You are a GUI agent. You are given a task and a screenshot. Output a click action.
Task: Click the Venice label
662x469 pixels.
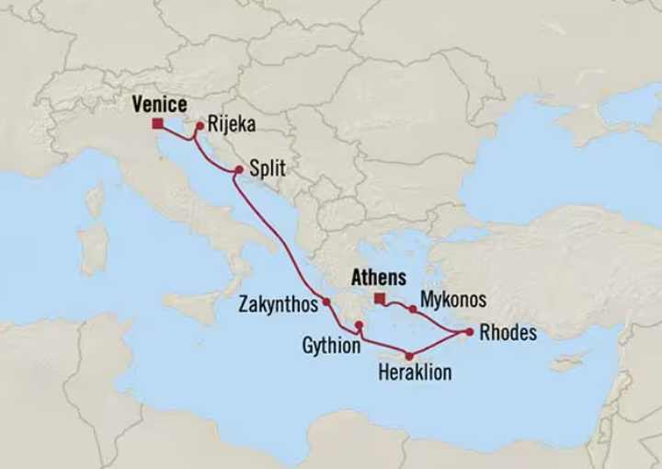pos(159,104)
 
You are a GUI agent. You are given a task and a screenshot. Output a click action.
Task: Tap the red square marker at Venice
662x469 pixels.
pos(158,123)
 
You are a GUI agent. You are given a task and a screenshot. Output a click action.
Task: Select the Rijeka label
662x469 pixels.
pos(232,125)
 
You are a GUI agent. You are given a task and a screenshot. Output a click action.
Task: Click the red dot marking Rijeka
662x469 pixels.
pos(200,126)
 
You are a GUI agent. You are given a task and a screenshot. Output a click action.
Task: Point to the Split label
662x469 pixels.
pos(268,169)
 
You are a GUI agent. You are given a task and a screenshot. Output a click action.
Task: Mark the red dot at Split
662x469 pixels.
pos(239,169)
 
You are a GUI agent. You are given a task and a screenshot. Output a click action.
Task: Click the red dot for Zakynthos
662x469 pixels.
pos(326,301)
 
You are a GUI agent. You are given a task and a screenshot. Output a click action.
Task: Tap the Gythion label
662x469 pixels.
pos(330,346)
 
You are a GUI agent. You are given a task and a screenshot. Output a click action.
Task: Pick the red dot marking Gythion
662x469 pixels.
pos(360,326)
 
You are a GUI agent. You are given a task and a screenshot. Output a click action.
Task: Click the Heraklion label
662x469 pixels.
pos(415,372)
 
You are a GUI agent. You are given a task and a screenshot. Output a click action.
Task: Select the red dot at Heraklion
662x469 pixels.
pos(410,356)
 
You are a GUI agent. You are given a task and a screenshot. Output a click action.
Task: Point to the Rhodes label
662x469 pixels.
pos(508,333)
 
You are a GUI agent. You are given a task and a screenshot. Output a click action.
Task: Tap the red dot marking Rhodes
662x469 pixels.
pos(469,332)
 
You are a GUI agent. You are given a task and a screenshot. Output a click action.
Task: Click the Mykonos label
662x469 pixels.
pos(452,300)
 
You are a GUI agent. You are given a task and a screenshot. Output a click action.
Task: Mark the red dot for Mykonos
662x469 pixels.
pos(413,310)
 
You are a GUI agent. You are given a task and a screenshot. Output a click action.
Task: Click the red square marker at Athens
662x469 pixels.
pos(379,297)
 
